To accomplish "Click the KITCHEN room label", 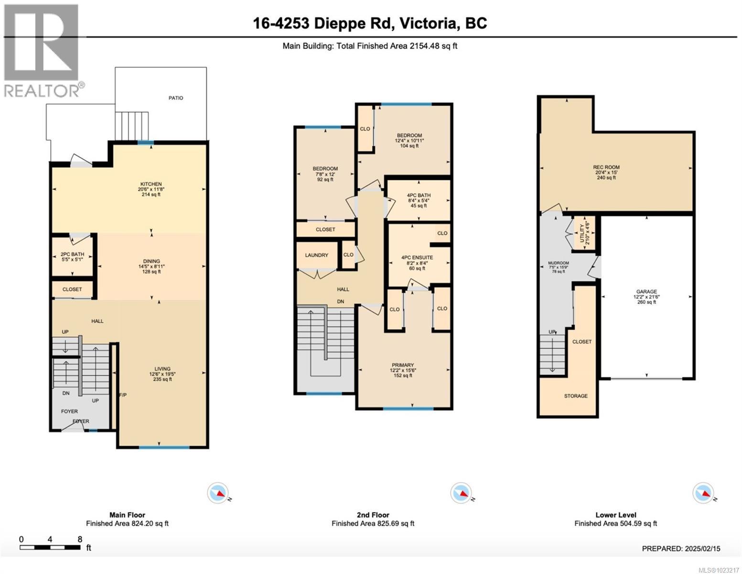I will [x=151, y=184].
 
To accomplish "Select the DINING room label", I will [x=151, y=261].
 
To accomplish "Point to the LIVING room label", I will [x=162, y=369].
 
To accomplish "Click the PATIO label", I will [x=175, y=98].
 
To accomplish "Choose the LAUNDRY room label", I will [x=316, y=255].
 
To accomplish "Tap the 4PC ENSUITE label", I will [x=417, y=257].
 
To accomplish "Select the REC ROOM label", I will [x=606, y=167].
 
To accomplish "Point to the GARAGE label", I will [x=646, y=291].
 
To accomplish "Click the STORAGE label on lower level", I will [x=575, y=396].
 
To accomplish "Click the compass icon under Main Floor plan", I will [x=218, y=493].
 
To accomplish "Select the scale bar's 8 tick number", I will [x=80, y=539].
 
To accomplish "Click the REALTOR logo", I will [x=42, y=50].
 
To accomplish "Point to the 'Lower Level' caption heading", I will [x=615, y=515].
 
